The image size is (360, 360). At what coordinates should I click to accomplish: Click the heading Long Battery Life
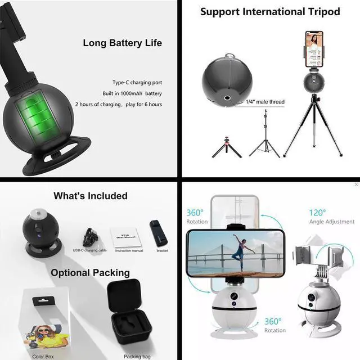click(x=122, y=43)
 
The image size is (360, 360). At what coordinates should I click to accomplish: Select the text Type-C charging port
click(x=137, y=82)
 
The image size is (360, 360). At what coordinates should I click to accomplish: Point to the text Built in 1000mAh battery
click(x=132, y=93)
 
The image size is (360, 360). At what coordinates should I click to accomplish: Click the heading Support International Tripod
click(x=270, y=11)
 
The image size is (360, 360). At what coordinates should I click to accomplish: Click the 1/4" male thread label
click(x=265, y=102)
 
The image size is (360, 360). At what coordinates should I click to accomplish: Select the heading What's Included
click(x=91, y=196)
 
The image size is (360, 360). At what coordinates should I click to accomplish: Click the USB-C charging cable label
click(x=89, y=250)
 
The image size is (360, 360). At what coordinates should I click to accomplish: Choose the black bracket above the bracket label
click(x=157, y=232)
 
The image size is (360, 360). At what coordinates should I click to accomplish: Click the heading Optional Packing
click(x=90, y=273)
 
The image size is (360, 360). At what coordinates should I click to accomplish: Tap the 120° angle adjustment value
click(x=317, y=213)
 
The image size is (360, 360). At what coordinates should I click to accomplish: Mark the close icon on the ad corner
click(x=356, y=184)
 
